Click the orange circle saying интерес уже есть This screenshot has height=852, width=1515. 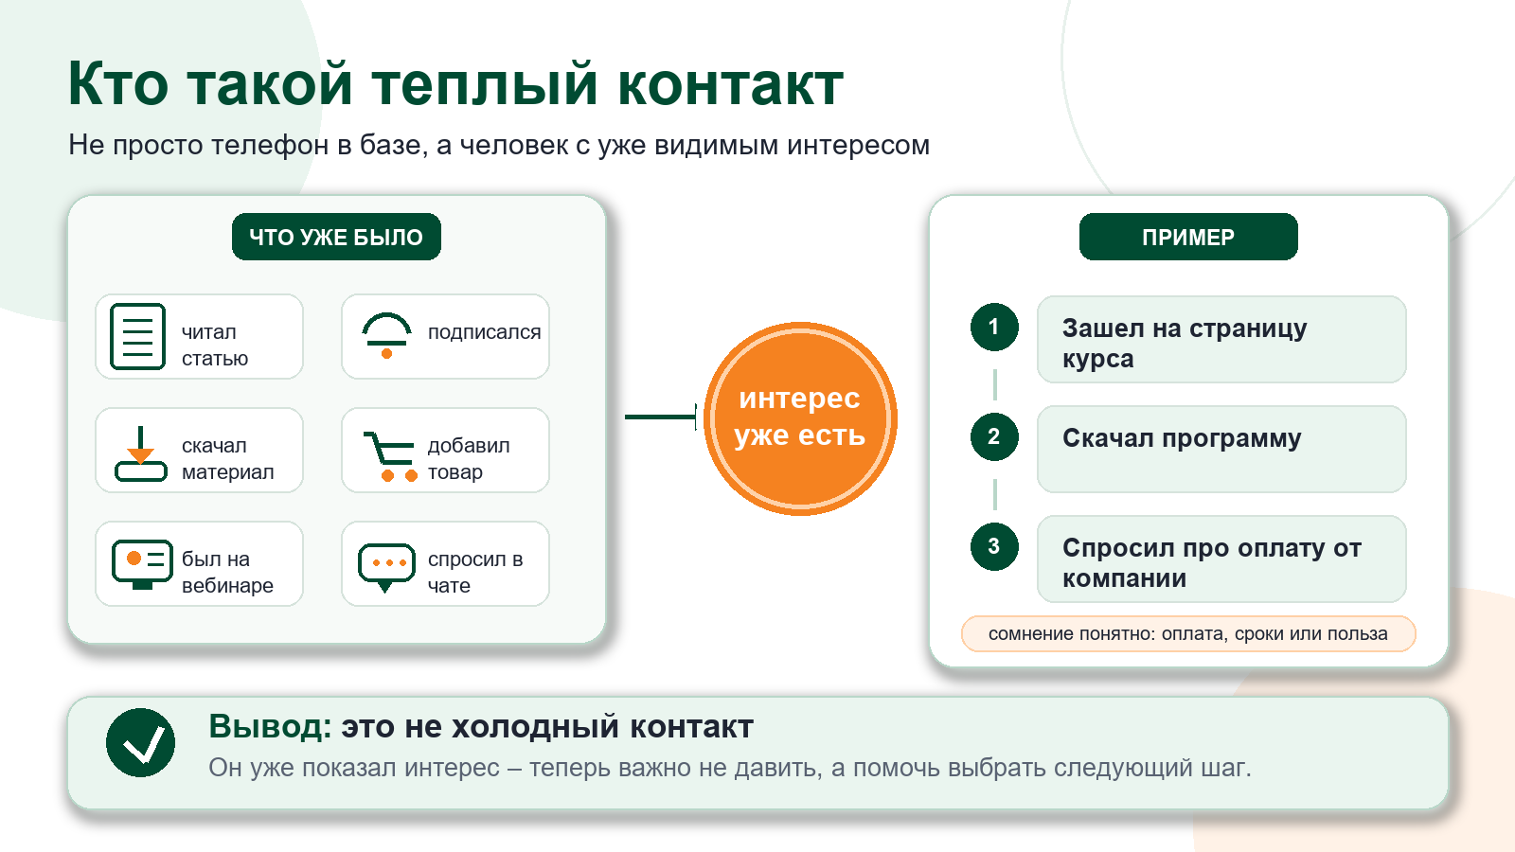800,418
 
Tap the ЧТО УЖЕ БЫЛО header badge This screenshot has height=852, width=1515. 336,237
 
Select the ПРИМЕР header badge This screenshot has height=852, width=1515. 1188,237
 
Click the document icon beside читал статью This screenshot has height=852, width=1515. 138,336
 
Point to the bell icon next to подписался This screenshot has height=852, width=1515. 386,335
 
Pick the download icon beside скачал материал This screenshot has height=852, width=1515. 141,453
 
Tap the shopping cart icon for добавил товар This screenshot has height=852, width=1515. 390,456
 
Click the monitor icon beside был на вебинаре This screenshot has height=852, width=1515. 142,564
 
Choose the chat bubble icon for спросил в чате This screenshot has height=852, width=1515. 386,567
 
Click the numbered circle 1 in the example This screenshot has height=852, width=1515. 994,328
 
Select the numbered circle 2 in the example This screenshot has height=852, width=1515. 994,436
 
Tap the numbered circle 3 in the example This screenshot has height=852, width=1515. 994,546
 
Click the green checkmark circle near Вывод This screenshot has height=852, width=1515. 141,742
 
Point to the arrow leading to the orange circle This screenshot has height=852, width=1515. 661,417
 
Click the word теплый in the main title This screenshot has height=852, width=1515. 486,84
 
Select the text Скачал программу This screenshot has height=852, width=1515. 1182,439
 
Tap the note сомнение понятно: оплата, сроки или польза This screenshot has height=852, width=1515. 1188,633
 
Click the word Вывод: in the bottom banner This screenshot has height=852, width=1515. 270,727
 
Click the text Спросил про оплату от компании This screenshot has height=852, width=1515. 1212,562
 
